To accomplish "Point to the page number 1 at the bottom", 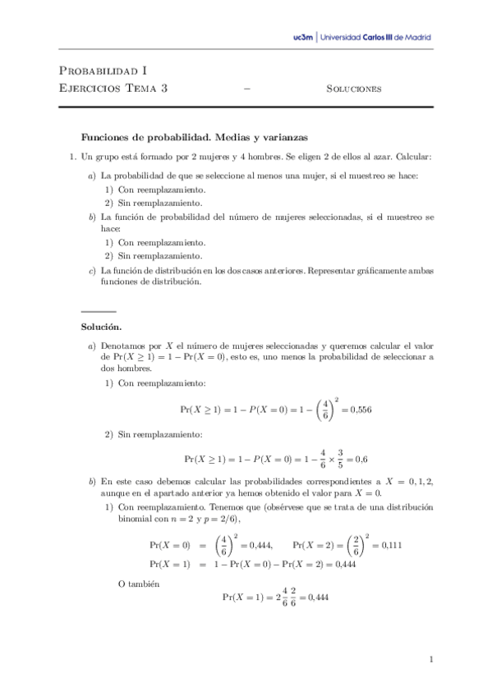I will click(431, 658).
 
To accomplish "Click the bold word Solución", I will click(101, 327).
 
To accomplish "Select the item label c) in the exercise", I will click(90, 270).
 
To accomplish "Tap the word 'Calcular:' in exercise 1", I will click(413, 156).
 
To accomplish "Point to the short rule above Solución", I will click(99, 312).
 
